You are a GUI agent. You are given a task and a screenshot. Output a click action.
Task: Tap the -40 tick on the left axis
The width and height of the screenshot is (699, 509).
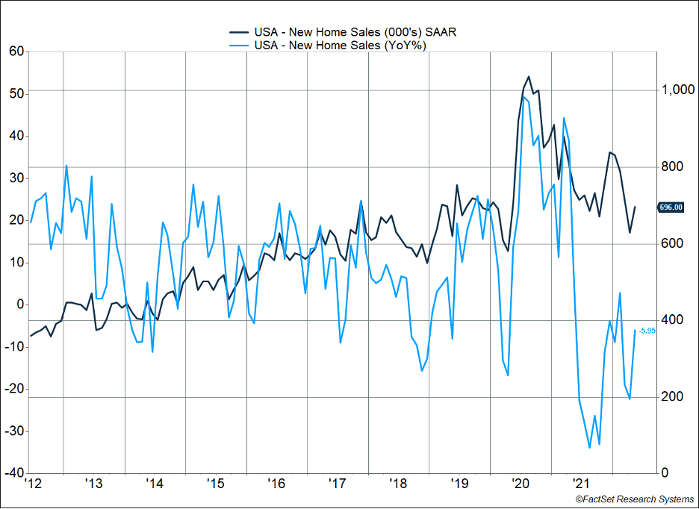coord(14,473)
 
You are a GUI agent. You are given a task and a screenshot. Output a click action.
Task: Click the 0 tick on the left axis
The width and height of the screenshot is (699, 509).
coord(20,305)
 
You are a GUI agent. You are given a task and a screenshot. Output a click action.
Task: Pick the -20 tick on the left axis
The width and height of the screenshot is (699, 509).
coord(14,389)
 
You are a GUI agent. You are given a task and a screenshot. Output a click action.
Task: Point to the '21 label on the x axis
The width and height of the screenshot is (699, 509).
coord(582,484)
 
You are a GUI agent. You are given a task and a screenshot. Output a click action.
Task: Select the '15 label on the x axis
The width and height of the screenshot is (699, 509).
coord(215,484)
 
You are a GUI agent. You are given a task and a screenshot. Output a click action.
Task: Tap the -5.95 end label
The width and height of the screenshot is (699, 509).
coord(647,331)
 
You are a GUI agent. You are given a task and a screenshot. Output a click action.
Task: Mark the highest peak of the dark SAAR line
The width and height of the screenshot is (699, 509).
coord(528,76)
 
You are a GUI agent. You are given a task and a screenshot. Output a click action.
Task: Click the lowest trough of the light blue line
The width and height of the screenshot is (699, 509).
coord(589,448)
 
